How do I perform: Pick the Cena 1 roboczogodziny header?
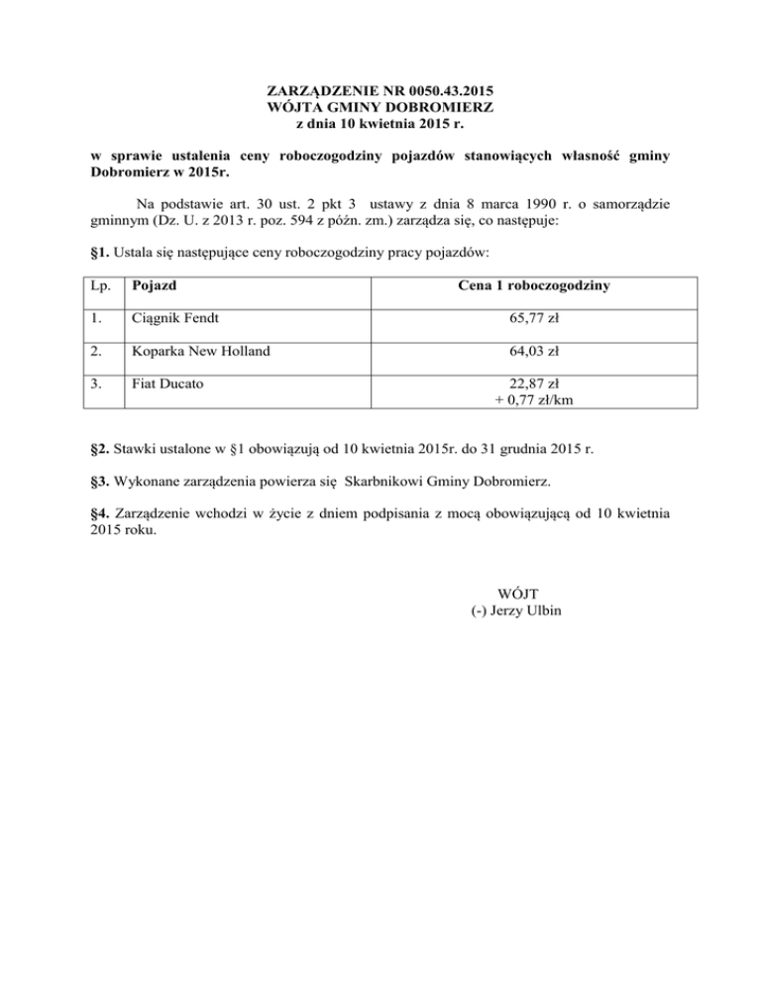pyautogui.click(x=534, y=286)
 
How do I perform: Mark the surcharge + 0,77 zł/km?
pyautogui.click(x=534, y=400)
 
